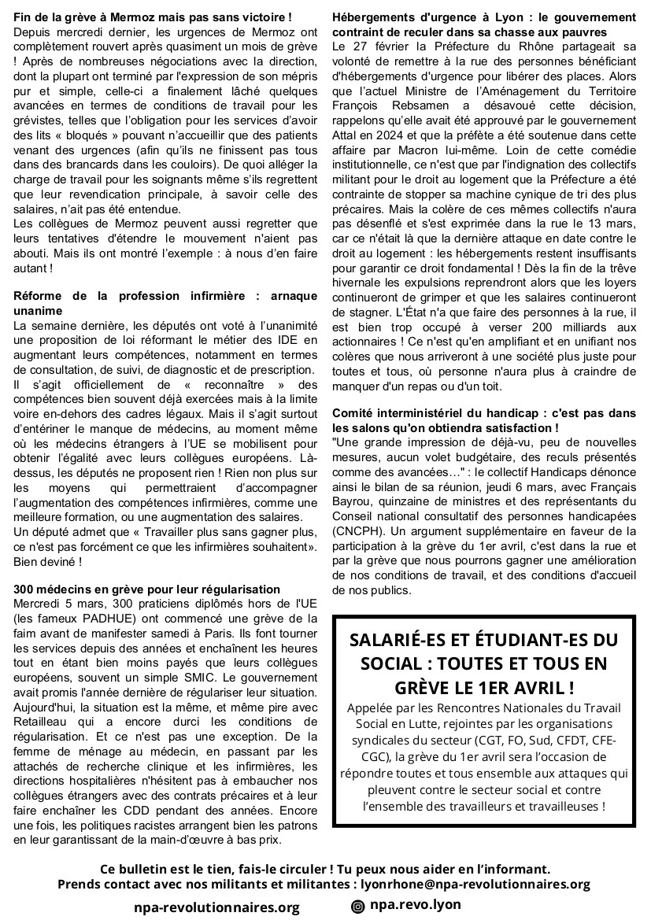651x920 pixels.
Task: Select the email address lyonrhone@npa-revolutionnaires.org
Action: click(469, 884)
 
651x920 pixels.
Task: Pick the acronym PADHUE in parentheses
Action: click(105, 619)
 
